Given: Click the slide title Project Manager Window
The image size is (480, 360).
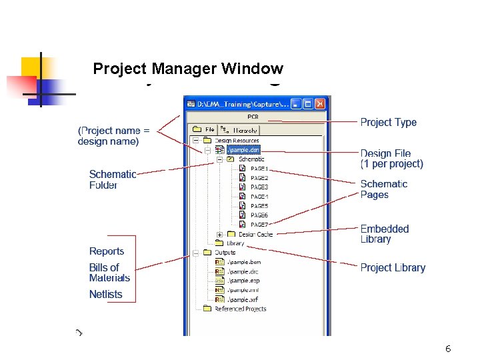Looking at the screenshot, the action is (x=188, y=69).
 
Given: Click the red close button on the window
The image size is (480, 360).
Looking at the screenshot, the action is (x=320, y=104).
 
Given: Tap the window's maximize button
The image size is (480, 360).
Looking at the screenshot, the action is (x=308, y=104).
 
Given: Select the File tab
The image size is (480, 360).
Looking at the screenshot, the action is (x=205, y=130).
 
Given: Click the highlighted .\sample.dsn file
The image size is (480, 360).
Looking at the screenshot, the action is (x=243, y=150).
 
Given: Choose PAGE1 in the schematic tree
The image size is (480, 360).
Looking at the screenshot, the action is (x=259, y=169).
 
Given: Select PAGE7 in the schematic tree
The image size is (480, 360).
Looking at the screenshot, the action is (x=259, y=225).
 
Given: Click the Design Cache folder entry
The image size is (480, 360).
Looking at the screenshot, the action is (x=255, y=234).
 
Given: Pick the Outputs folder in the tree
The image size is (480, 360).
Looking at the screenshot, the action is (x=225, y=253).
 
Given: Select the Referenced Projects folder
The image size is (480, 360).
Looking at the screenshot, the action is (x=240, y=309).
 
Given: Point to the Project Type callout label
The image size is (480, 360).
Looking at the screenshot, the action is (x=388, y=122).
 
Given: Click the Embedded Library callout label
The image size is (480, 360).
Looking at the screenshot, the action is (x=385, y=234).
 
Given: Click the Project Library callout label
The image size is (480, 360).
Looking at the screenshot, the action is (x=393, y=267).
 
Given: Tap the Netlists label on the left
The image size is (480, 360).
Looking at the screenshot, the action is (x=106, y=294).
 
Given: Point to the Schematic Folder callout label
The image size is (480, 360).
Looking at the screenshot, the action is (x=113, y=179).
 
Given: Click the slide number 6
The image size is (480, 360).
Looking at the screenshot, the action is (x=448, y=349).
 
